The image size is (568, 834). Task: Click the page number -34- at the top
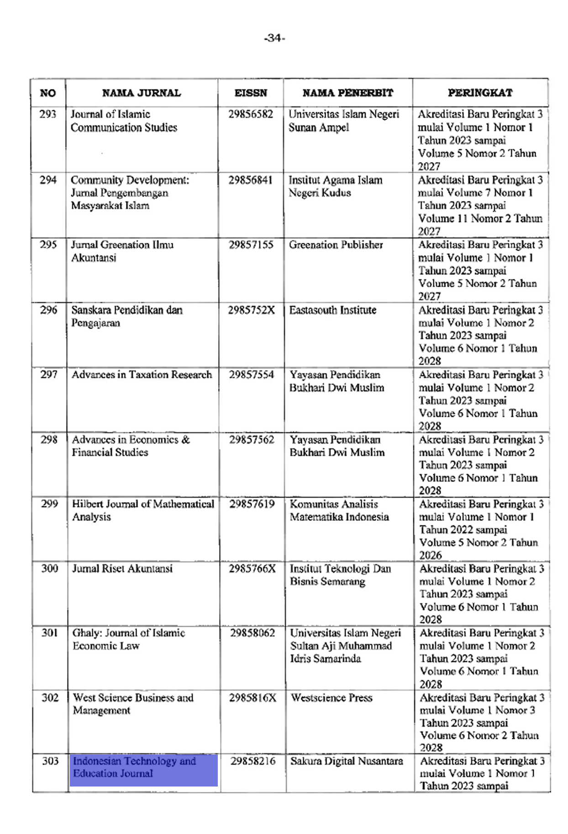pos(274,38)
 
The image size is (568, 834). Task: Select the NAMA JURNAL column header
pos(142,93)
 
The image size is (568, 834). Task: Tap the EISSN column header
pos(251,93)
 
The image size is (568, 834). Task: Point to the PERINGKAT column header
pos(480,93)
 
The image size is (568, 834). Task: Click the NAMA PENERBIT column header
pos(347,93)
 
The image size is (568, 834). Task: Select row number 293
pos(48,114)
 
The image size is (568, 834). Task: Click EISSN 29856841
pos(251,180)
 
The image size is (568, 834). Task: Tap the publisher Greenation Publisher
pos(336,245)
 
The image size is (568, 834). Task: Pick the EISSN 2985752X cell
pos(252,310)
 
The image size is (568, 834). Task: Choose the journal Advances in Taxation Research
pos(142,375)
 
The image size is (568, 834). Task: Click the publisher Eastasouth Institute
pos(333,310)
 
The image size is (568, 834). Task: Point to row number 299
pos(49,504)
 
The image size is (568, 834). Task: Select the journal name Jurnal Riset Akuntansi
pos(122,569)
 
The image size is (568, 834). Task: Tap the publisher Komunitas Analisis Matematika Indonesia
pos(339,510)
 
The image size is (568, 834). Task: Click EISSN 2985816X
pos(253,698)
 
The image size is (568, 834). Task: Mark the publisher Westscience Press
pos(331,698)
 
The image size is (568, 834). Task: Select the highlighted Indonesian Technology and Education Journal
pos(134,767)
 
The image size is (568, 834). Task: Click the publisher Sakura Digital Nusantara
pos(347,761)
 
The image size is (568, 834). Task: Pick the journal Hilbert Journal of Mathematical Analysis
pos(143,510)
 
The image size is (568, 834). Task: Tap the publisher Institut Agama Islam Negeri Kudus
pos(336,186)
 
